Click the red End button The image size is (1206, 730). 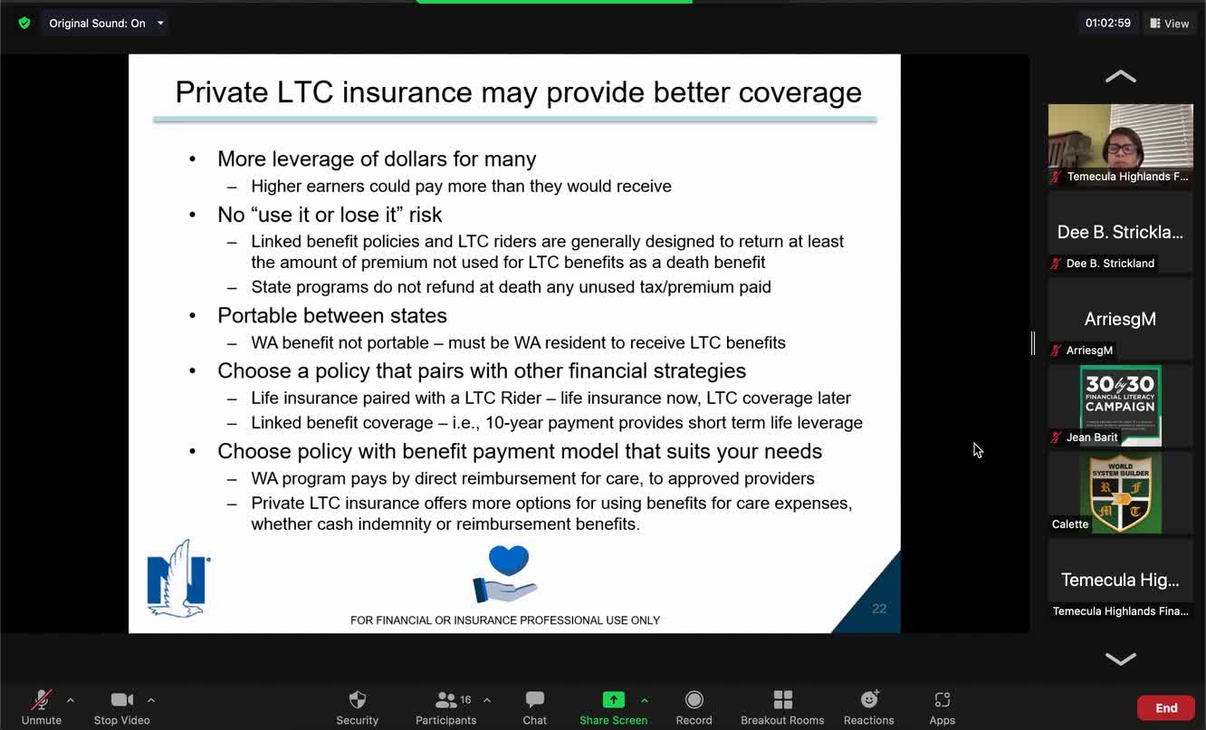tap(1166, 707)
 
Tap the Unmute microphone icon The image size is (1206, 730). tap(41, 699)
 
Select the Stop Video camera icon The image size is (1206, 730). tap(121, 699)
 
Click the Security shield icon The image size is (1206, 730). tap(358, 699)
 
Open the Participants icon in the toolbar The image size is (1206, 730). tap(445, 699)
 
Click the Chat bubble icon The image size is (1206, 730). tap(535, 699)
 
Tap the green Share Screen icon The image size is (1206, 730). tap(614, 699)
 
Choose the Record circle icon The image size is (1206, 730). tap(694, 699)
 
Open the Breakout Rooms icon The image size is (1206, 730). tap(782, 699)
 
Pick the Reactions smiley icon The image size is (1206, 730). tap(869, 699)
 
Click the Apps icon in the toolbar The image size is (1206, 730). tap(942, 699)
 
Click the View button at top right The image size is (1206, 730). tap(1169, 24)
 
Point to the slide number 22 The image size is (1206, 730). tap(879, 609)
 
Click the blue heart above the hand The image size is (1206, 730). tap(509, 561)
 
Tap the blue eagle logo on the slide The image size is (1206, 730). tap(178, 580)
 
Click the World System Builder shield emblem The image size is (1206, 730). tap(1120, 493)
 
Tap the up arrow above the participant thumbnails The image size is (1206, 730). tap(1120, 77)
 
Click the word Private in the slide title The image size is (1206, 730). tap(221, 92)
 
